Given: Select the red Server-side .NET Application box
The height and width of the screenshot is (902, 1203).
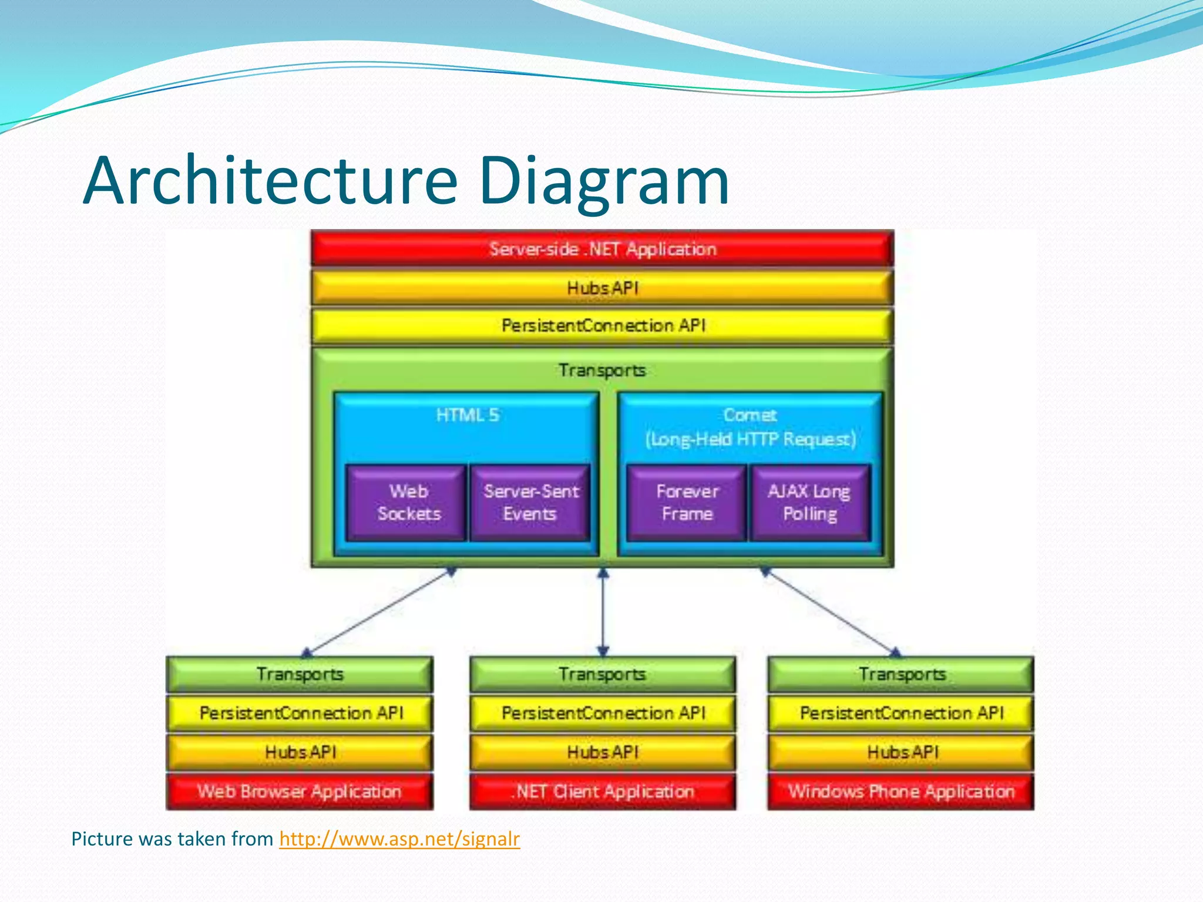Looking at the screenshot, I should point(602,249).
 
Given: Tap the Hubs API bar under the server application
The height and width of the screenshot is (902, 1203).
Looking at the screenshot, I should point(602,288).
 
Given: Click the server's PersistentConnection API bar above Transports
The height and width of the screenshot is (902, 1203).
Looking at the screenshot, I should point(602,325).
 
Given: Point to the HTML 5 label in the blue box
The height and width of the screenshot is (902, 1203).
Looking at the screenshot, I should point(467,415).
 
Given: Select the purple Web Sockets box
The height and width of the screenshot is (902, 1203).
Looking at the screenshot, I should point(408,503).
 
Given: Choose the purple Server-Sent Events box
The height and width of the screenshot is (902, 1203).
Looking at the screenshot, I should point(530,503).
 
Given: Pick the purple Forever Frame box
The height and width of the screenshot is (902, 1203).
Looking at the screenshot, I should point(687,503).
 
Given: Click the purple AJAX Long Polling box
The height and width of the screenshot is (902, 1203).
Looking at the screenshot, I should point(809,503).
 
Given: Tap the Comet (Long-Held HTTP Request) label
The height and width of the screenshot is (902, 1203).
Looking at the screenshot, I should point(750,428).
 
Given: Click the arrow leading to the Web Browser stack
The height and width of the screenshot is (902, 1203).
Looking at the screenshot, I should point(379,611).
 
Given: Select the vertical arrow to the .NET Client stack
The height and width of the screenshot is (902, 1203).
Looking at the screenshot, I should point(603,612).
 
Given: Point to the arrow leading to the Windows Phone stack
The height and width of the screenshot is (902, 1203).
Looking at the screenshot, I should point(829,611).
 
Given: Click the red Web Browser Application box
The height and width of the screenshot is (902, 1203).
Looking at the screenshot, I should point(300,792).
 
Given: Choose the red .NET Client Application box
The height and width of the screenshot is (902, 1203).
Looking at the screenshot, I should point(603,792).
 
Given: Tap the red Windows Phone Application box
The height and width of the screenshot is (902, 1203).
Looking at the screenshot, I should point(901,792).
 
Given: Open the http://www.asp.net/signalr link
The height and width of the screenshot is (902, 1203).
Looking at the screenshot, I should point(399,839).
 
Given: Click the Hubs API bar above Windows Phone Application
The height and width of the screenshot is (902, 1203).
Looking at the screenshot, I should point(901,752).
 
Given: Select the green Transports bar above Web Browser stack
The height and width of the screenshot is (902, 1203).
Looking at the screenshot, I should point(300,674).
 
